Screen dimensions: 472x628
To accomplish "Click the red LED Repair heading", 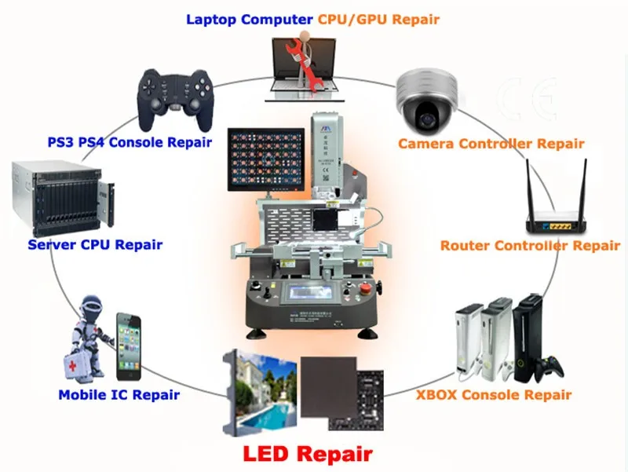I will pos(307,453).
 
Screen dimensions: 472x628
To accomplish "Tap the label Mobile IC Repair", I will pos(119,395).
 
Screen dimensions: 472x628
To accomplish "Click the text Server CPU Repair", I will pos(95,244).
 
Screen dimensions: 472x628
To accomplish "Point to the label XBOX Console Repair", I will pos(493,395).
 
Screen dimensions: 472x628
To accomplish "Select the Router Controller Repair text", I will pos(530,246).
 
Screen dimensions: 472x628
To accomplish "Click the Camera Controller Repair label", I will pos(491,144).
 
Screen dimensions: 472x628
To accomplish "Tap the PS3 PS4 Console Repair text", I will pos(129,142).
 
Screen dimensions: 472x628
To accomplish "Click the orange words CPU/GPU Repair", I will pos(379,18).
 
